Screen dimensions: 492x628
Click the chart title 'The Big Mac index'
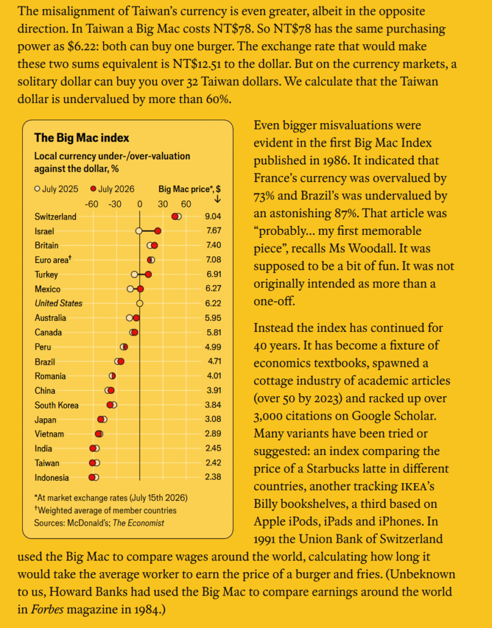pyautogui.click(x=82, y=138)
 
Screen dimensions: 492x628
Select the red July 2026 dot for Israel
pyautogui.click(x=158, y=231)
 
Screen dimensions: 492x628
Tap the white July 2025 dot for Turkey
pyautogui.click(x=134, y=274)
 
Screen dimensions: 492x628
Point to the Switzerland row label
pyautogui.click(x=55, y=216)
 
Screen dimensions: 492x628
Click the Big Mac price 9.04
pyautogui.click(x=213, y=216)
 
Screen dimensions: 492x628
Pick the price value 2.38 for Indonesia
pyautogui.click(x=213, y=477)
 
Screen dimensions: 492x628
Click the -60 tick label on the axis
pyautogui.click(x=91, y=204)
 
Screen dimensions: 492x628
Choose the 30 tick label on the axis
pyautogui.click(x=163, y=204)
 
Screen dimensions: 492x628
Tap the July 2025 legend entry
pyautogui.click(x=56, y=189)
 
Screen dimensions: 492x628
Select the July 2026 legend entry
pyautogui.click(x=113, y=189)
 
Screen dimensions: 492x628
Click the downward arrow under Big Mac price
pyautogui.click(x=218, y=199)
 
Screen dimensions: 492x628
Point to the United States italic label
pyautogui.click(x=58, y=303)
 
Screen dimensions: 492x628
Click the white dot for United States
pyautogui.click(x=139, y=303)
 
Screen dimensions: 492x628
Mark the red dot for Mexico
pyautogui.click(x=140, y=289)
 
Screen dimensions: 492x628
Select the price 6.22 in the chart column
pyautogui.click(x=213, y=303)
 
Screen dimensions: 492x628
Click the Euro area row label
pyautogui.click(x=53, y=259)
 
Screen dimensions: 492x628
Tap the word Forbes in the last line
pyautogui.click(x=47, y=609)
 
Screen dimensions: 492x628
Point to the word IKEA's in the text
pyautogui.click(x=418, y=486)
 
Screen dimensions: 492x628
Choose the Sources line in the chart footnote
pyautogui.click(x=99, y=523)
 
